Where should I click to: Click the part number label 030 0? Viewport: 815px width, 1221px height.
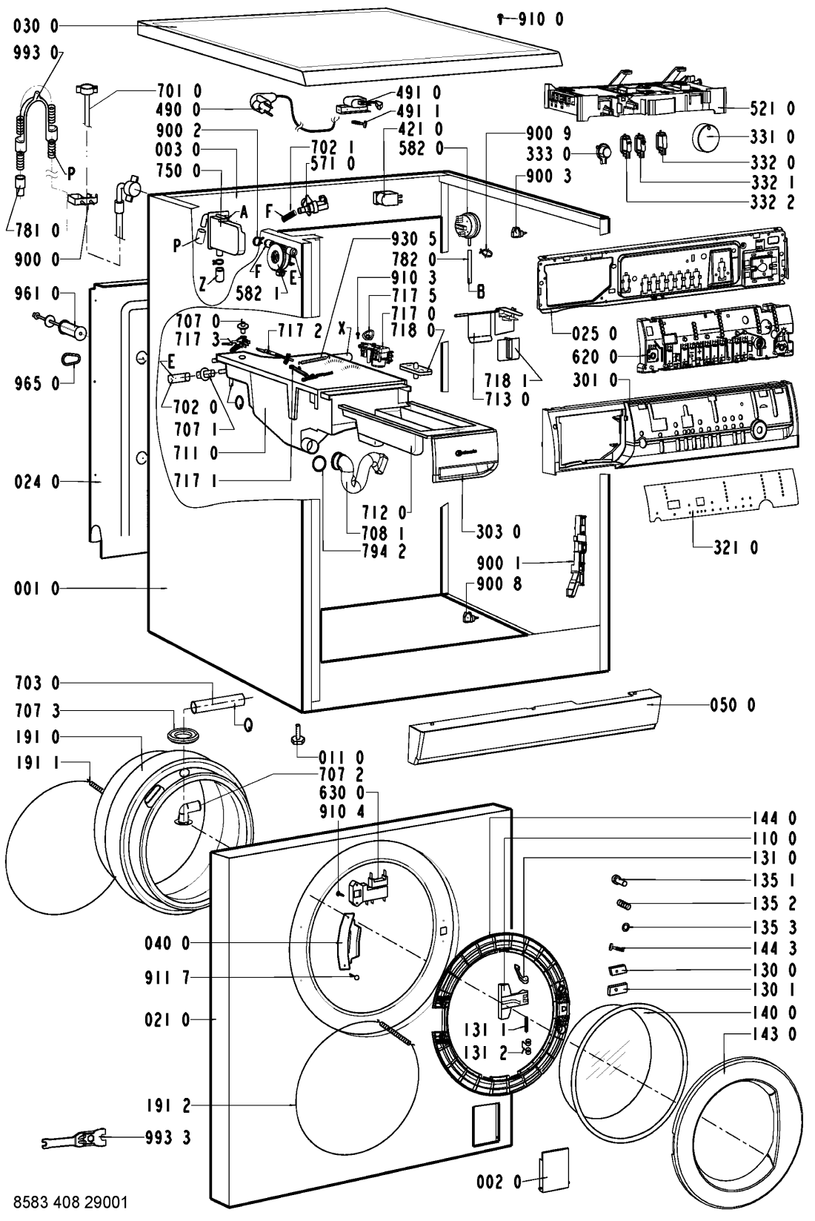(x=36, y=26)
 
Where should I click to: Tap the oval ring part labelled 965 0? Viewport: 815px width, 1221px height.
(x=70, y=360)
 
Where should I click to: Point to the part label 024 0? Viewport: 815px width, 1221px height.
(x=36, y=483)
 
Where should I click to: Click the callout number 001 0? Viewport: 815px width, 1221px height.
(x=36, y=589)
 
